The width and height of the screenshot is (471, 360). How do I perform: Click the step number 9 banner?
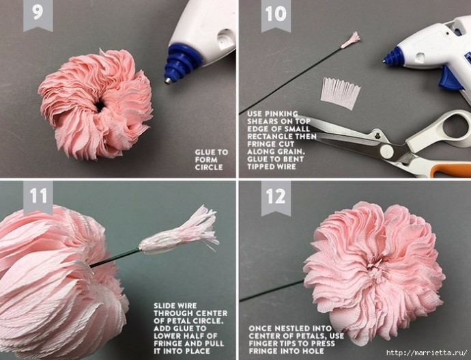pos(38,15)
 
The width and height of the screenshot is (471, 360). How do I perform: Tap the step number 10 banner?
pos(276,15)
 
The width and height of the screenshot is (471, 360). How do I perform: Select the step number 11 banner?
pos(38,197)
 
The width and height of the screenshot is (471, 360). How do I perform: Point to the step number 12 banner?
pos(276,197)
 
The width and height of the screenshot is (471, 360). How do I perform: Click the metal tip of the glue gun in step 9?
pos(168,81)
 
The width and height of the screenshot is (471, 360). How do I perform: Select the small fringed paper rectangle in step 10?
pos(341,93)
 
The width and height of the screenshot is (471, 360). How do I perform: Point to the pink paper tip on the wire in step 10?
pos(351,40)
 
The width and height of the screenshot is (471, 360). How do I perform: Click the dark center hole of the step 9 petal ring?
pos(100,107)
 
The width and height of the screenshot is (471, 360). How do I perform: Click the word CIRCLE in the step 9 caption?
pos(209,167)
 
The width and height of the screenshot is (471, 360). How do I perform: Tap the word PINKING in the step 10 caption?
pos(281,114)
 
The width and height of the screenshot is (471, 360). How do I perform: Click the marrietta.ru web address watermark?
pos(427,352)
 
